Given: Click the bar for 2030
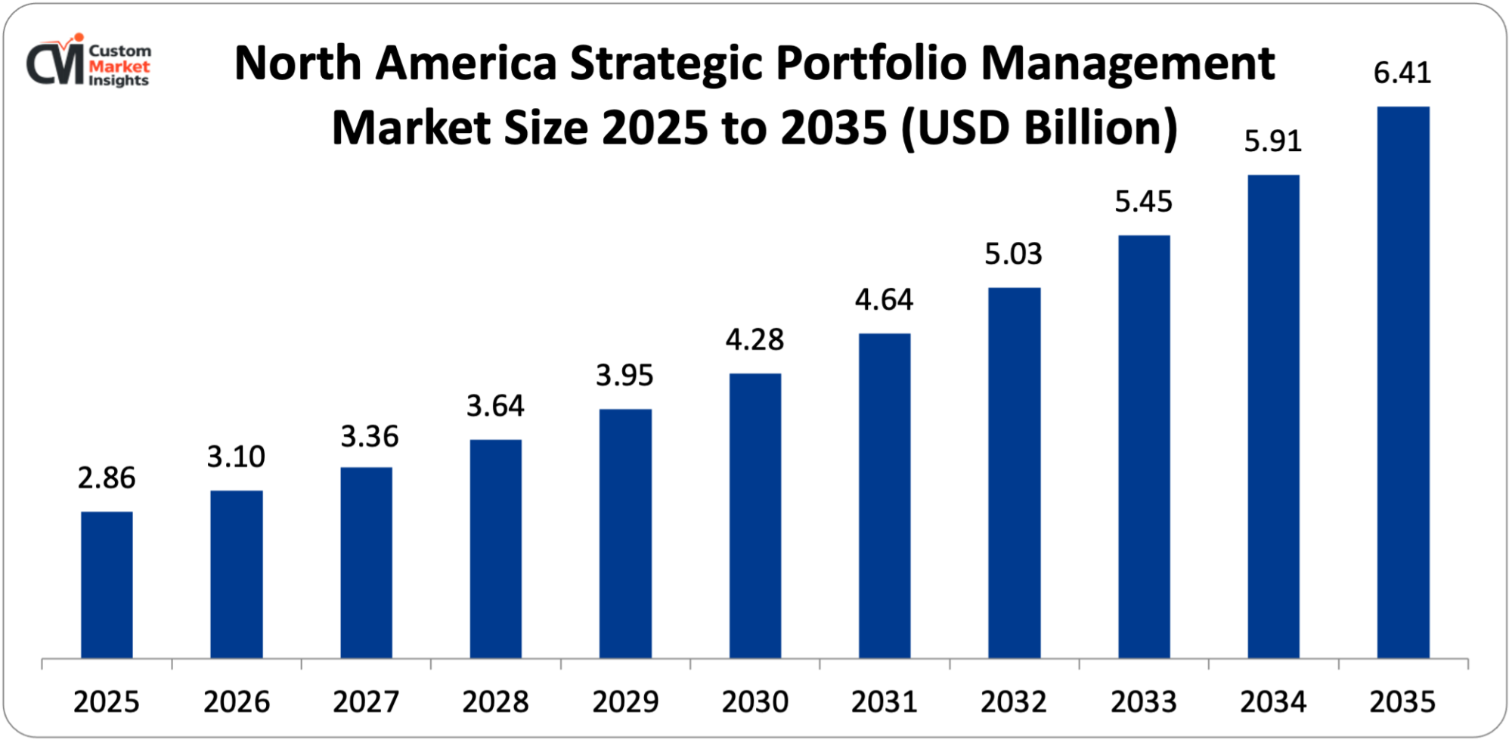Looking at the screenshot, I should (x=755, y=515).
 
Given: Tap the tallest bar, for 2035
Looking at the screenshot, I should (x=1403, y=382).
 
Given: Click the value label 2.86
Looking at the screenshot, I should (x=107, y=478).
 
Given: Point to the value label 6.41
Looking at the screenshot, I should (x=1402, y=73).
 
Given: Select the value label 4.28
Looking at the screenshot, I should (x=754, y=340).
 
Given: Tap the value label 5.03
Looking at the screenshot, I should (x=1013, y=255).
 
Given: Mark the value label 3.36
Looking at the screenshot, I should (x=369, y=437).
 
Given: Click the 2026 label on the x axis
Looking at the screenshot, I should (x=237, y=702).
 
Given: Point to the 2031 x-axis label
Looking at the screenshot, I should (x=884, y=702).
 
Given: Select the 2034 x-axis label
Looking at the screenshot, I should (x=1273, y=702).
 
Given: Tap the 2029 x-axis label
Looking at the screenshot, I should (x=625, y=702).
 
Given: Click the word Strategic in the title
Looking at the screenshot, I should (x=666, y=64).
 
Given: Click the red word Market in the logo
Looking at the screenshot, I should (x=119, y=67).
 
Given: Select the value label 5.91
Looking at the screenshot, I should (x=1273, y=141).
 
